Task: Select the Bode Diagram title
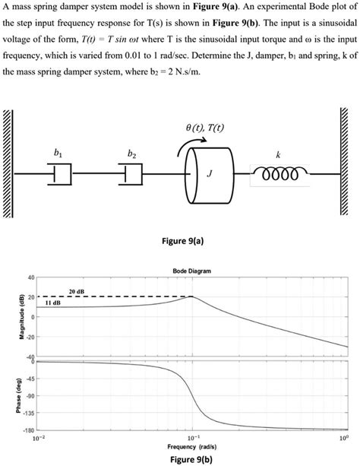click(x=191, y=271)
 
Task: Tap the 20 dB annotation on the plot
click(x=76, y=291)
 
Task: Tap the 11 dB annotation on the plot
click(x=53, y=302)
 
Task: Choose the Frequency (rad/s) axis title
click(x=191, y=447)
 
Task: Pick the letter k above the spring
click(x=279, y=154)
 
